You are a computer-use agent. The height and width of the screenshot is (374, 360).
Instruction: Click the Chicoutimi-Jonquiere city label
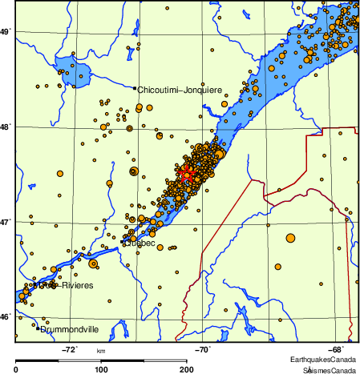tap(180, 90)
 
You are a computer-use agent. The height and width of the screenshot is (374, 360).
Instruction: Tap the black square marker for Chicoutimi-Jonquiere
tap(135, 88)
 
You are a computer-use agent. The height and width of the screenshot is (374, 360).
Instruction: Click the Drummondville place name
tap(70, 328)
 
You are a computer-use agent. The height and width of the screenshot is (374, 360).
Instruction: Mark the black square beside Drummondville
tap(38, 328)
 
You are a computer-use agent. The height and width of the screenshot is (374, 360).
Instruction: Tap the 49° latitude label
tap(6, 31)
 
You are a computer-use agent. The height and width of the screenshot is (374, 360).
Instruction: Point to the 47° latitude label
tap(6, 221)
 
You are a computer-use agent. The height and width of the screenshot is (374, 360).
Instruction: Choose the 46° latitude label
tap(6, 316)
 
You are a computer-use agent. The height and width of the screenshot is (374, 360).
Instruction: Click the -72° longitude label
tap(70, 349)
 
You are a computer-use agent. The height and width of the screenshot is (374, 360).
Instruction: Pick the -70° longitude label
tap(203, 349)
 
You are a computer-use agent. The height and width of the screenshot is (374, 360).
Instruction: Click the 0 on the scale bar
tap(17, 369)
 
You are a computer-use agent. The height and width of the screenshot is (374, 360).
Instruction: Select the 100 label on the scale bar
tap(101, 369)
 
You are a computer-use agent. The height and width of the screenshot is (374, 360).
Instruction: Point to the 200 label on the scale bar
tap(186, 369)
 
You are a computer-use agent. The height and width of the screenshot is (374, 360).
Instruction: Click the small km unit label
tap(101, 352)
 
